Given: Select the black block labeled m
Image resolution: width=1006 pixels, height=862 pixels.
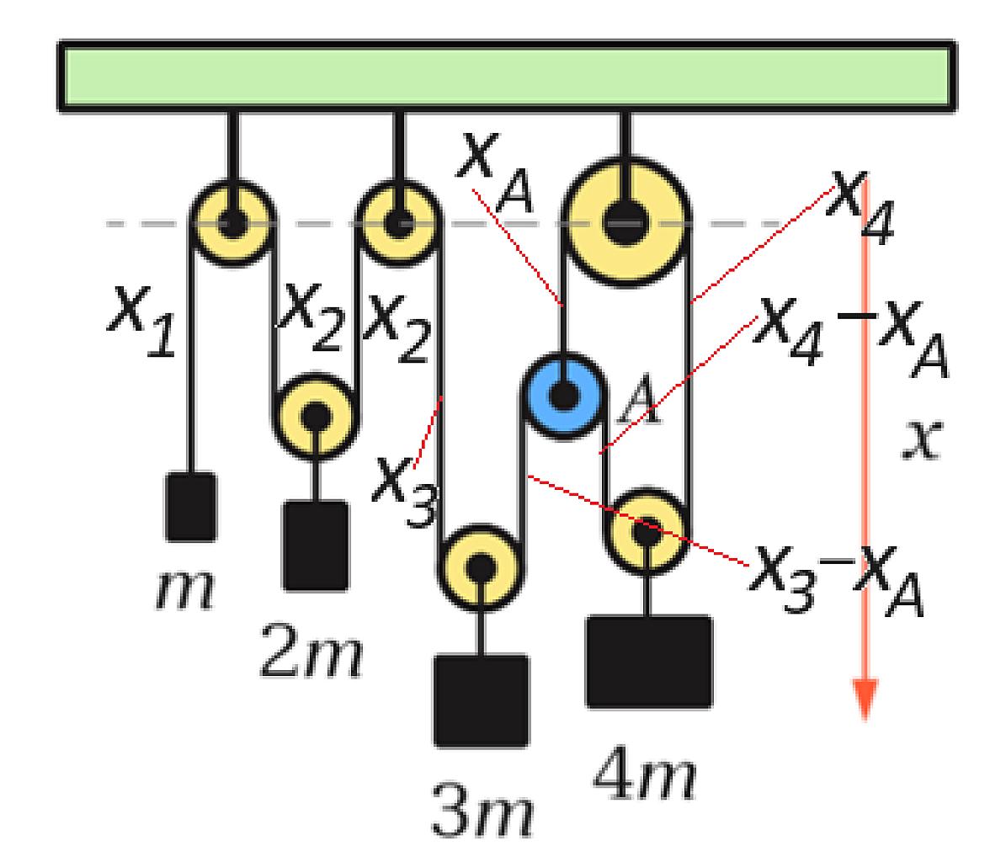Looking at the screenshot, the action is click(190, 507).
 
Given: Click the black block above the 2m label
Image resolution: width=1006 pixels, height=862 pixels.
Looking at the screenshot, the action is click(316, 545).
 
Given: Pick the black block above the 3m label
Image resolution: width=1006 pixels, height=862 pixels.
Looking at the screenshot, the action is click(482, 700).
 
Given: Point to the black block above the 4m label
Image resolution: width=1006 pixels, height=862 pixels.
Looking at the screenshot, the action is click(649, 662).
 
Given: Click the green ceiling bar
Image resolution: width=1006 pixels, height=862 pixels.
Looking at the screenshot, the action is click(507, 76).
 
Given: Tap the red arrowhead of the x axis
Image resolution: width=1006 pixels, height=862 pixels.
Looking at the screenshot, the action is click(865, 699).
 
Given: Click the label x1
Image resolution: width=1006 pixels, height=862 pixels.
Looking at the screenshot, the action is click(141, 320).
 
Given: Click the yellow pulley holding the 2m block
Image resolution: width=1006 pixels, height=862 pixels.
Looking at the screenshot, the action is click(315, 417).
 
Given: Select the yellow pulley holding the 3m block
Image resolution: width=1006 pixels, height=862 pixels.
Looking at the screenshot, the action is click(481, 567).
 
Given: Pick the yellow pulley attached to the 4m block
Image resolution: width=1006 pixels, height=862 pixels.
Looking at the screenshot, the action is click(647, 531).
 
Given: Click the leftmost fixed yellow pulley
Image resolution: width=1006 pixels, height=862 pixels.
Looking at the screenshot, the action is click(232, 222).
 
